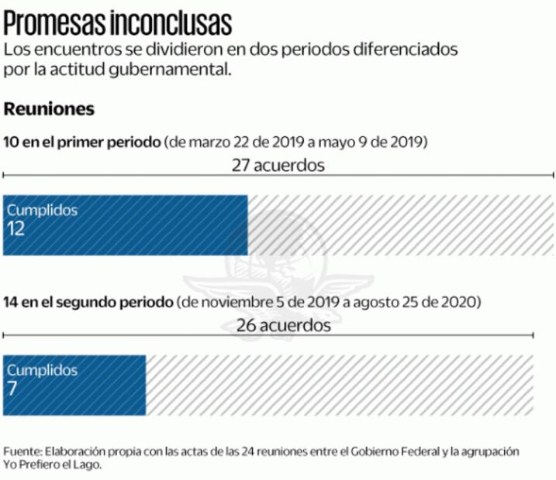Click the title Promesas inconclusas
coord(118,22)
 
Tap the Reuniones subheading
coord(49,109)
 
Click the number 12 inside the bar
coord(16,230)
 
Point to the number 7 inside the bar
coord(12,389)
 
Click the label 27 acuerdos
coord(278,165)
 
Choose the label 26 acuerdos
coord(283,325)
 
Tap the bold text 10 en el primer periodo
coord(82,142)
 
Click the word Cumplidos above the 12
coord(42,210)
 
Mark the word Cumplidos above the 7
coord(42,370)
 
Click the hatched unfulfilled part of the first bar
coord(399,225)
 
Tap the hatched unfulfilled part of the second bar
coord(339,385)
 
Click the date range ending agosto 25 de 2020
coord(329,301)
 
